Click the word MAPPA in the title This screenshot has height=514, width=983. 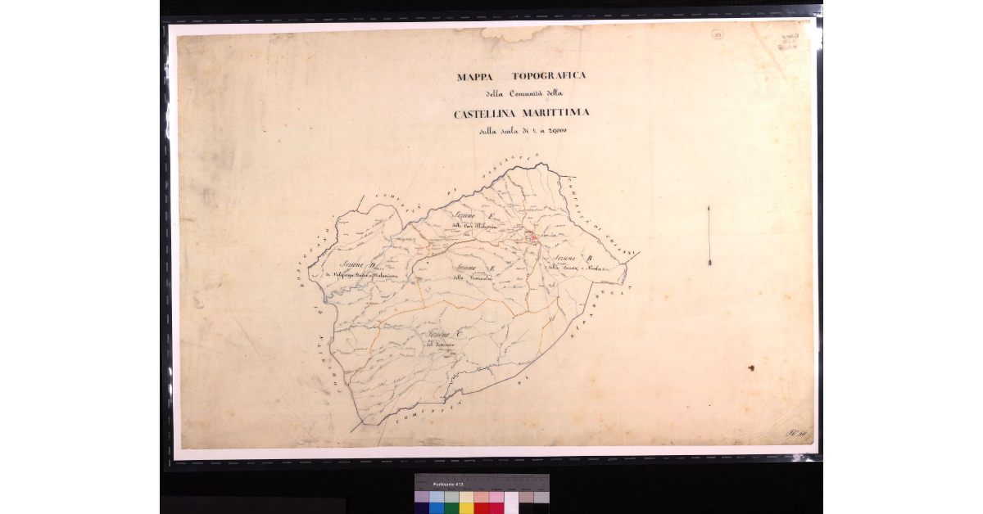tap(479, 76)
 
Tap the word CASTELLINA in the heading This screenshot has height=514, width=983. tap(491, 114)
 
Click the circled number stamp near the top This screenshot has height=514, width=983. tap(718, 34)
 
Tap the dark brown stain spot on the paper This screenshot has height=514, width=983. tap(750, 368)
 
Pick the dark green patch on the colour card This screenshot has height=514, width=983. tap(451, 507)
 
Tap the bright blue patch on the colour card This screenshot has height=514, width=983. tap(437, 507)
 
